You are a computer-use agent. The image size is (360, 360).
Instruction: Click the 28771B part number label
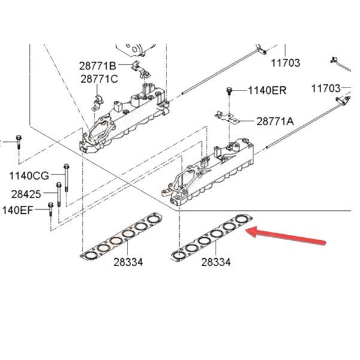pos(98,65)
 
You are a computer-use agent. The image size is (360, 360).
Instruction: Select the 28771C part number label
pos(98,78)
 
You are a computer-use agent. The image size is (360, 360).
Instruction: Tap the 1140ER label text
pos(267,90)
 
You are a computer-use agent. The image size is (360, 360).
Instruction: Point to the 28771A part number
pos(275,121)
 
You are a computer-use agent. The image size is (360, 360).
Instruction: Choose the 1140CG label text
pos(29,176)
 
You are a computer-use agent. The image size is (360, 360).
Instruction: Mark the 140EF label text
pos(18,210)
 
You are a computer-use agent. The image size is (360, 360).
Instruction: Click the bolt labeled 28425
pos(59,195)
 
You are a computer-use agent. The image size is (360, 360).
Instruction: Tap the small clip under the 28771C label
pos(95,102)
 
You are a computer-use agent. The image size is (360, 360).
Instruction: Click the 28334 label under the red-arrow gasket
pos(216,262)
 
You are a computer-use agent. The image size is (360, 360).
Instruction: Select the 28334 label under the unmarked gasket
pos(129,262)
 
